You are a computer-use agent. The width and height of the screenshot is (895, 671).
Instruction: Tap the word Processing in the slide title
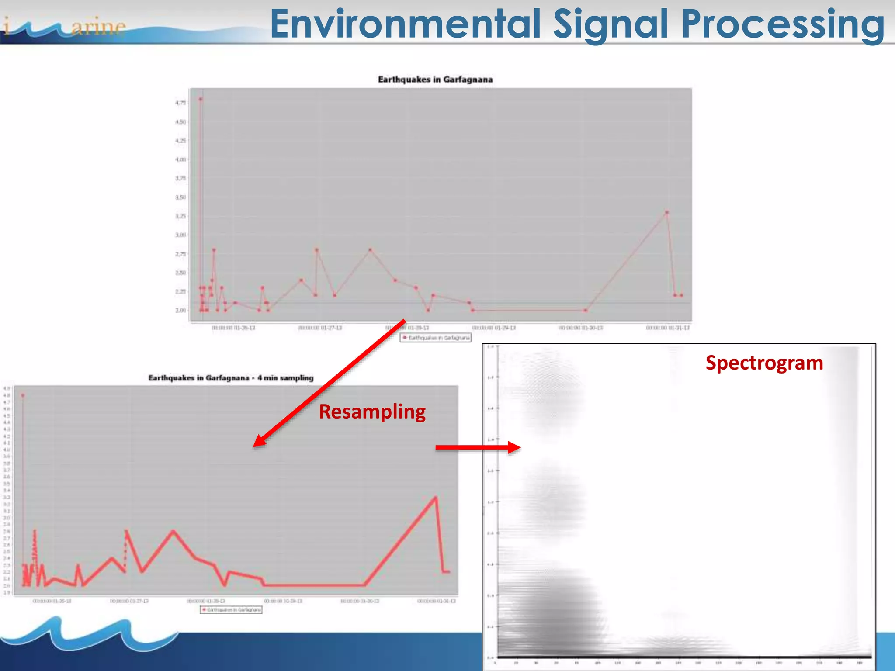(783, 24)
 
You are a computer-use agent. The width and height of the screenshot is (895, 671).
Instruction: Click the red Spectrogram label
(764, 363)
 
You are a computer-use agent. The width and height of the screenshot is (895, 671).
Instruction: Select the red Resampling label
(372, 412)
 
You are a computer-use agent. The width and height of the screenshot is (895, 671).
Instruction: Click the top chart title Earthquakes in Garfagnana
(435, 80)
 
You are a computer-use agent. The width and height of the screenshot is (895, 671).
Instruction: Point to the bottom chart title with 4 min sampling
(231, 378)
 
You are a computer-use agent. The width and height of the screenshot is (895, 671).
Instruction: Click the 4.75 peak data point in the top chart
(201, 99)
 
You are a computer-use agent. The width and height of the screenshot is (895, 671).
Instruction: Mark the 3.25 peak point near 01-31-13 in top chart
(667, 212)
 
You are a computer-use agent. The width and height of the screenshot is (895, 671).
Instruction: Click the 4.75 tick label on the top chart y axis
(180, 103)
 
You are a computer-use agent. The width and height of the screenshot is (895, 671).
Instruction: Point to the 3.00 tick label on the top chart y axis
(180, 235)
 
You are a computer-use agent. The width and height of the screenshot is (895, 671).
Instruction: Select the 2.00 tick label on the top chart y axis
(180, 311)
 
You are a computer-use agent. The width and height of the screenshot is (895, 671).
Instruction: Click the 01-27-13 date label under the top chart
(320, 328)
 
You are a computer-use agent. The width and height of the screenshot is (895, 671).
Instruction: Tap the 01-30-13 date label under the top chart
(581, 328)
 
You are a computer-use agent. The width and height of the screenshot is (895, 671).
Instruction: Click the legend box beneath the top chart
(435, 338)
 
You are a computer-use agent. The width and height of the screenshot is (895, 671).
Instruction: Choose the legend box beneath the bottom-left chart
(231, 609)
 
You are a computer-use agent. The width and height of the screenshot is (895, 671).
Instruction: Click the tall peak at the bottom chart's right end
(435, 497)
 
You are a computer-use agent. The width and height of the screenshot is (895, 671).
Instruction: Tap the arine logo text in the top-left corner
(98, 27)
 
